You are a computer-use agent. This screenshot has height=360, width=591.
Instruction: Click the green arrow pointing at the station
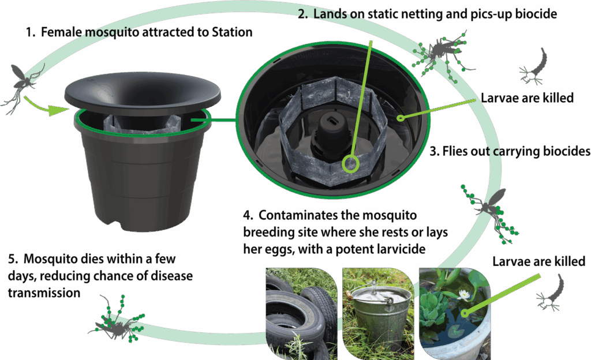[x=47, y=106]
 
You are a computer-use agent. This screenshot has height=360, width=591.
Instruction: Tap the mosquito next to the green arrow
[x=23, y=87]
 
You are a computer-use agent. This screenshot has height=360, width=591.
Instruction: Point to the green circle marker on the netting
[x=351, y=164]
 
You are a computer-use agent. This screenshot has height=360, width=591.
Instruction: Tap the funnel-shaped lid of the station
[x=143, y=93]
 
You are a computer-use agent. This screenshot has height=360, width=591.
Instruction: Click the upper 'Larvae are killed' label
[x=527, y=98]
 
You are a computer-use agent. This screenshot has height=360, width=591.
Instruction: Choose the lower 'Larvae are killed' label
[x=538, y=261]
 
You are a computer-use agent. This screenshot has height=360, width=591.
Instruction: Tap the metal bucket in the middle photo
[x=378, y=310]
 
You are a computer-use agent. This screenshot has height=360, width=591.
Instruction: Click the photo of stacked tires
[x=301, y=314]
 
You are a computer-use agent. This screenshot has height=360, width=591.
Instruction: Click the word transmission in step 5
[x=44, y=292]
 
